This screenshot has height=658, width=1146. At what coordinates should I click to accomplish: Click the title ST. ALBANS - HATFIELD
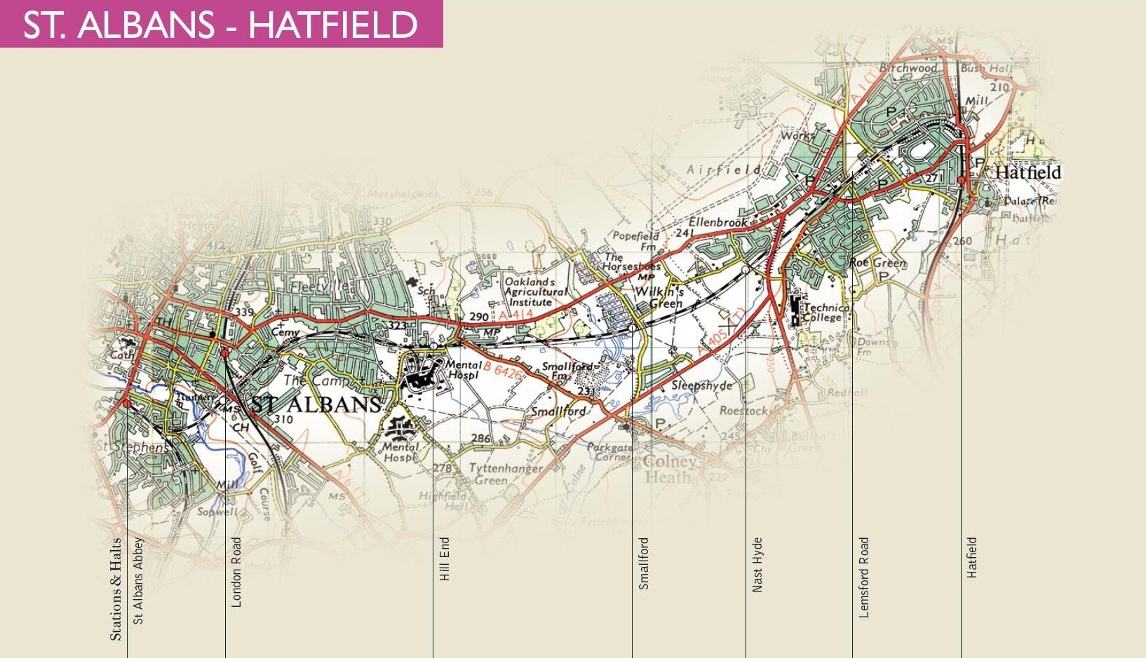click(x=220, y=25)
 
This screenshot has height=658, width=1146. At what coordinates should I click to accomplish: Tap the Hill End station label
click(x=445, y=559)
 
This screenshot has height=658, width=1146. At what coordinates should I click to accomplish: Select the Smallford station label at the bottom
click(x=644, y=563)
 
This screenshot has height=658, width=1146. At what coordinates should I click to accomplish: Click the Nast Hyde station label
click(x=757, y=565)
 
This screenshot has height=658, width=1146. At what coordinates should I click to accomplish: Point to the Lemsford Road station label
click(x=864, y=577)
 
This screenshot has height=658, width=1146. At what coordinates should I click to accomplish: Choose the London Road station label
click(x=236, y=572)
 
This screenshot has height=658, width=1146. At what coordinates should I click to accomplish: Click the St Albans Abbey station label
click(x=138, y=580)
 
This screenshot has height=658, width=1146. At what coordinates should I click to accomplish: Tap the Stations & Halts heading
click(x=116, y=589)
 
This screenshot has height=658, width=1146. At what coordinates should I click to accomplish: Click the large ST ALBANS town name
click(x=316, y=404)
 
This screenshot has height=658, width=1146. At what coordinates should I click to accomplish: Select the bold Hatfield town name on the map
click(x=1027, y=172)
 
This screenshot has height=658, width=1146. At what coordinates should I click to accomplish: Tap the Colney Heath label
click(x=670, y=469)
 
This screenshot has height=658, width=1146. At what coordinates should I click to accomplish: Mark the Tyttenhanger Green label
click(x=505, y=474)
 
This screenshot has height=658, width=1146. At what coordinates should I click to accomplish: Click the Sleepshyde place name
click(x=702, y=385)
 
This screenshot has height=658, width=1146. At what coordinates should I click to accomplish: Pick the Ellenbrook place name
click(x=718, y=222)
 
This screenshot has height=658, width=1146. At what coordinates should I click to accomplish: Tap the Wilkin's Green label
click(x=659, y=297)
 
